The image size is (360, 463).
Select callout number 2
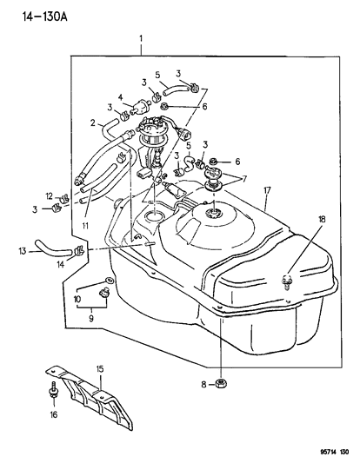pyautogui.click(x=93, y=123)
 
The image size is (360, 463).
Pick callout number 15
pyautogui.click(x=99, y=370)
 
